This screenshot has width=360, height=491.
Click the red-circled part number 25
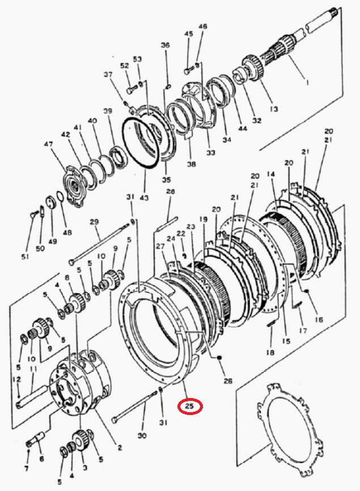(x=190, y=407)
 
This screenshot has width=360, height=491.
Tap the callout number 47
(x=48, y=145)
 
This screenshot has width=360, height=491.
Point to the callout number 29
(x=94, y=222)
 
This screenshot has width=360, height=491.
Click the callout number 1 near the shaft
(x=307, y=83)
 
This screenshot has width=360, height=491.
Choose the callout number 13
(x=274, y=109)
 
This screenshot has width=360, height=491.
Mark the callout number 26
(x=228, y=380)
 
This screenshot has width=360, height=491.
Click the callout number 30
(x=142, y=435)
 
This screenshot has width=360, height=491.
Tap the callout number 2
(x=120, y=448)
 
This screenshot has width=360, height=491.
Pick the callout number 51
(x=25, y=256)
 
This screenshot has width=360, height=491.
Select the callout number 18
(x=270, y=352)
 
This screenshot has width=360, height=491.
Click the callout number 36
(x=166, y=45)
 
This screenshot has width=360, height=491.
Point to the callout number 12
(x=16, y=379)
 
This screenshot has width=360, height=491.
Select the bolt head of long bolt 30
(x=115, y=420)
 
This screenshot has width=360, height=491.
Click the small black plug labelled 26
(x=219, y=357)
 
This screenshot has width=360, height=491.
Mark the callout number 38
(x=191, y=164)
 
